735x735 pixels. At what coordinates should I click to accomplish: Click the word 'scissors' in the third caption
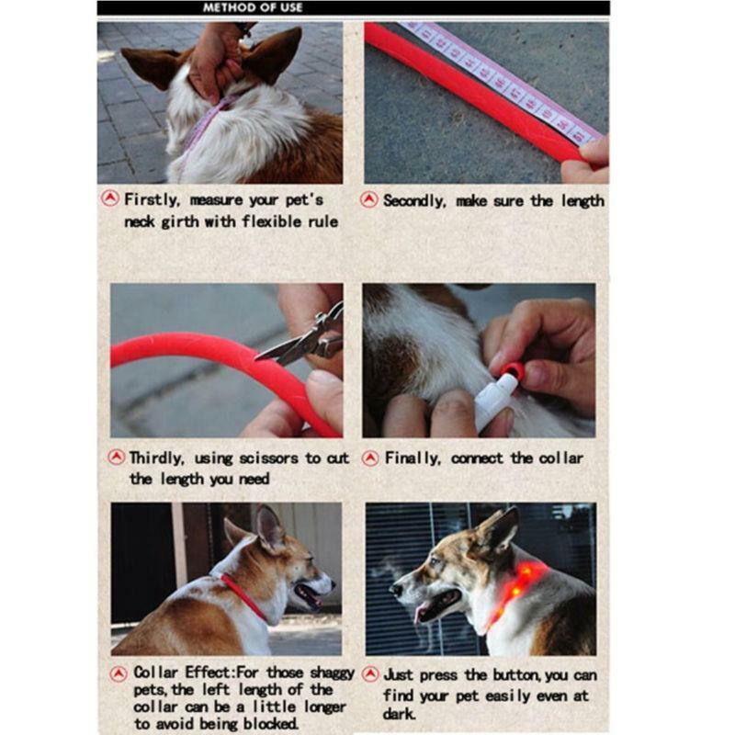click(x=269, y=458)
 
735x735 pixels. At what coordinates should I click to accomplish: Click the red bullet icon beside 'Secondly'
click(x=369, y=199)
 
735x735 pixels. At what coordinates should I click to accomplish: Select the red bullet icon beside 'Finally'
click(x=369, y=458)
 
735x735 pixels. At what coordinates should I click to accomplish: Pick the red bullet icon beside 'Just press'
click(x=369, y=673)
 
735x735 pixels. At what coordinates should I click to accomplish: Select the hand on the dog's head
click(x=214, y=60)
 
